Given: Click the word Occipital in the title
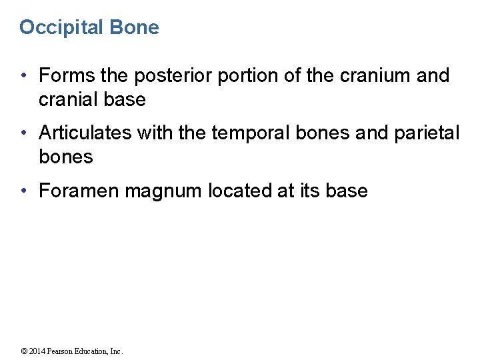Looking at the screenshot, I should [x=59, y=27].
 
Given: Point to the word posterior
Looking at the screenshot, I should [x=175, y=76].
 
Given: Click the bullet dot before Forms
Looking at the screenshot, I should [x=24, y=76].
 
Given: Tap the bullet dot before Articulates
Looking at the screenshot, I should [x=24, y=133].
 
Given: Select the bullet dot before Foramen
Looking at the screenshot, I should [x=24, y=191].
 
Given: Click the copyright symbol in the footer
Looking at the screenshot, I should [x=24, y=351].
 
